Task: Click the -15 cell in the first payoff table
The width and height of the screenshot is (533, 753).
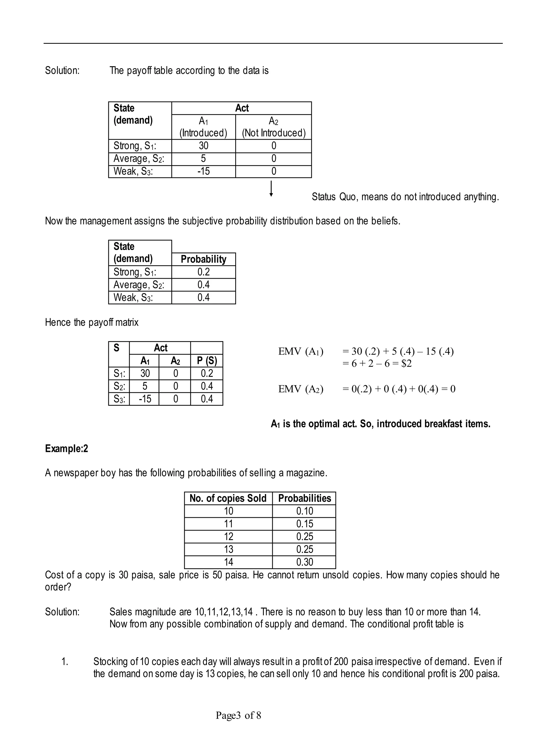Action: coord(203,171)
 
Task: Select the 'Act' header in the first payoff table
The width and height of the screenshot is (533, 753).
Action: coord(242,108)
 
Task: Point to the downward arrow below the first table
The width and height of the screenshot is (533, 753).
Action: coord(271,189)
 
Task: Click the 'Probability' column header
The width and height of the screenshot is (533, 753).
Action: coord(203,259)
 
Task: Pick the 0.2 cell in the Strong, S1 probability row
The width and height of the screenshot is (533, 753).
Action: coord(203,272)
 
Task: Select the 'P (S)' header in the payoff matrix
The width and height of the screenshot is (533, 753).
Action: coord(207,361)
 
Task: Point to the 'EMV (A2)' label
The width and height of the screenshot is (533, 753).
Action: coord(300,389)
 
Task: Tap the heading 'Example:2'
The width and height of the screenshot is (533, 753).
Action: coord(66,449)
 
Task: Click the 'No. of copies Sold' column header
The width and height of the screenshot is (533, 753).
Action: coord(228,498)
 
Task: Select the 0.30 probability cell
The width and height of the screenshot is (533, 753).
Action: coord(304,562)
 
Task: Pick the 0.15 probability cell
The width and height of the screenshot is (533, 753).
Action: coord(304,524)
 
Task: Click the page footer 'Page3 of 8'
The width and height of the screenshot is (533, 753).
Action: coord(238,715)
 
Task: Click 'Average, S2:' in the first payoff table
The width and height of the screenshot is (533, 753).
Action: coord(138,159)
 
